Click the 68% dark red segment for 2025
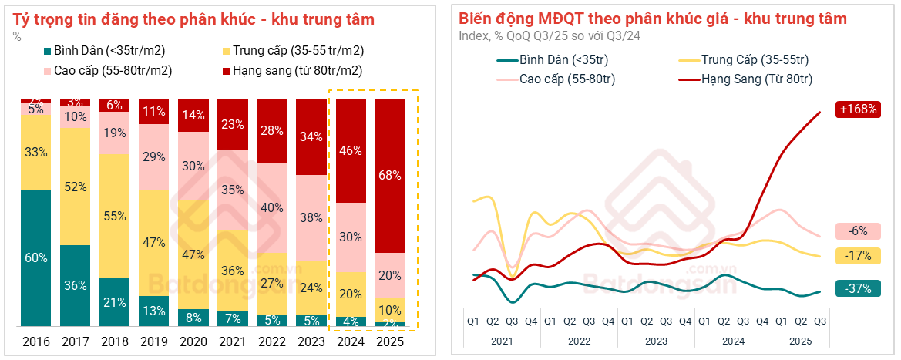point(390,176)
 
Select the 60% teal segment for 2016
point(36,257)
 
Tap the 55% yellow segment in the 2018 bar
point(115,216)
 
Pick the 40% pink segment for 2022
point(272,207)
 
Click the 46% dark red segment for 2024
point(351,151)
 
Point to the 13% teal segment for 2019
point(154,311)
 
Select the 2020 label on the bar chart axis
point(193,341)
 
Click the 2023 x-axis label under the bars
point(311,341)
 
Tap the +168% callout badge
point(857,109)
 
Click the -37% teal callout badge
point(857,288)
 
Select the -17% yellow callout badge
point(857,255)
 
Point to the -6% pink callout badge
point(857,230)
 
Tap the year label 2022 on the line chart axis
point(579,339)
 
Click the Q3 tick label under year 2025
point(819,321)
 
